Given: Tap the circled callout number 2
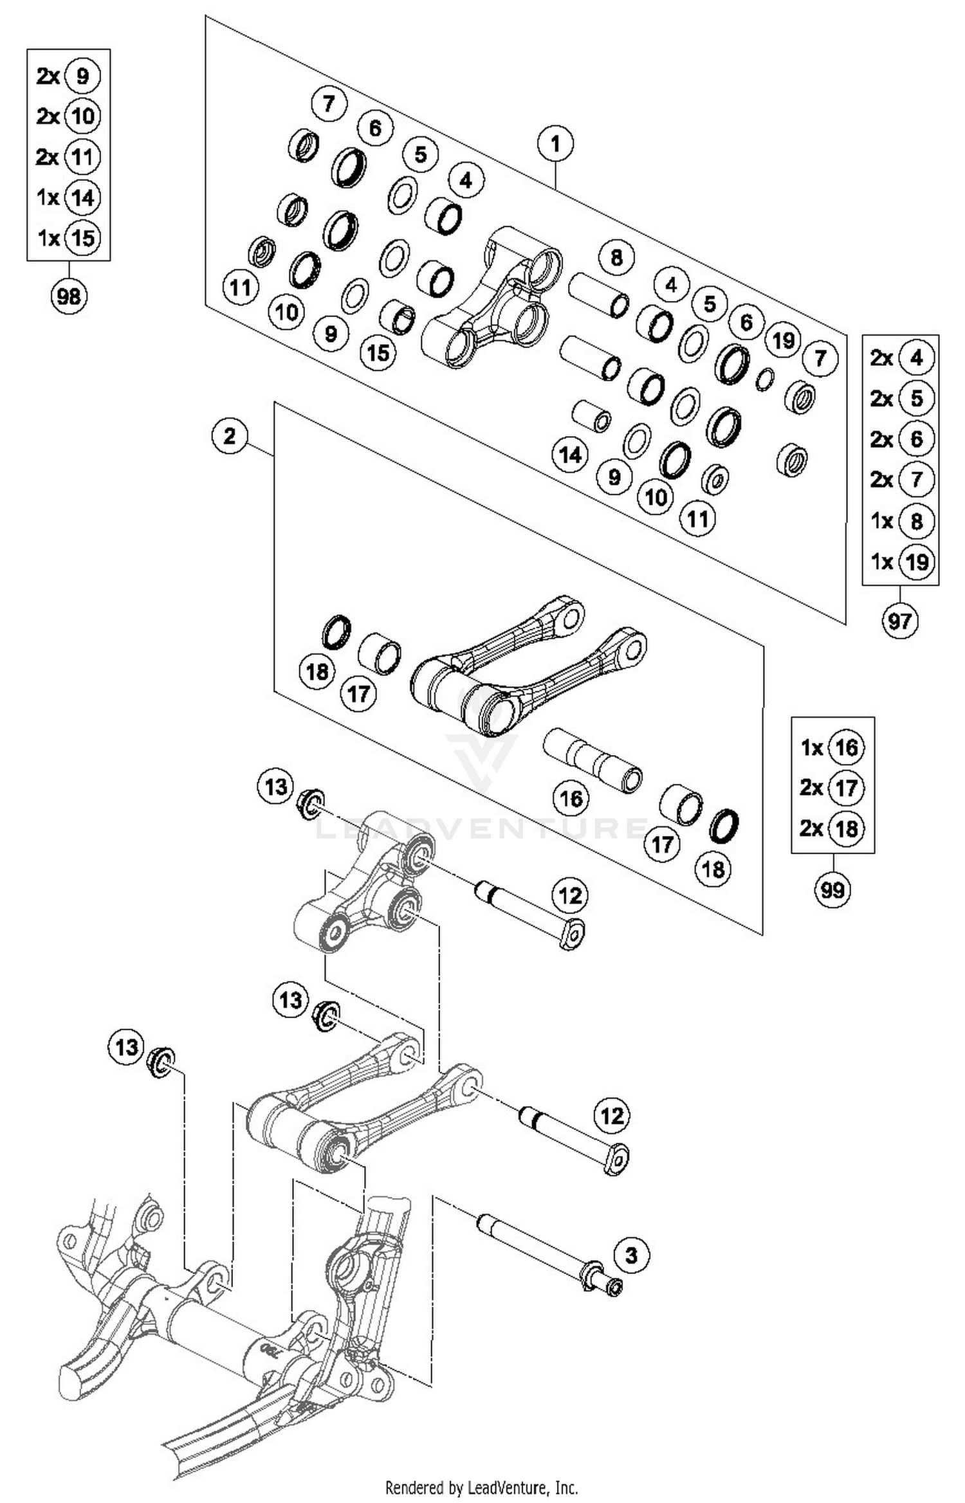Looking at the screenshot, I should pos(230,437).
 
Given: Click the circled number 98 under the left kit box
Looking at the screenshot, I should pos(68,296).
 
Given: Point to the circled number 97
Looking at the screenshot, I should pos(899,621).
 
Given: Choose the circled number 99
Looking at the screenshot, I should pos(832,890).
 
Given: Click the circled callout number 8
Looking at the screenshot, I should pos(616,257).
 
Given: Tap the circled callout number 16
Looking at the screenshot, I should pos(571,798).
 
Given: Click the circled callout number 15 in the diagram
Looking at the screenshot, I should pos(378,352).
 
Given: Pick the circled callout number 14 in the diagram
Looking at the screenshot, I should pos(570,455).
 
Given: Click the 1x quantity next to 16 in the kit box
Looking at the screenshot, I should pos(812,747).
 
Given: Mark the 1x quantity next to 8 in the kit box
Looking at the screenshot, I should pos(882,521).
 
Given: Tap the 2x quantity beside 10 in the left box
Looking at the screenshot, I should pos(48,116).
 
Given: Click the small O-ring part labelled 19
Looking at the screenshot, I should pos(765,379).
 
